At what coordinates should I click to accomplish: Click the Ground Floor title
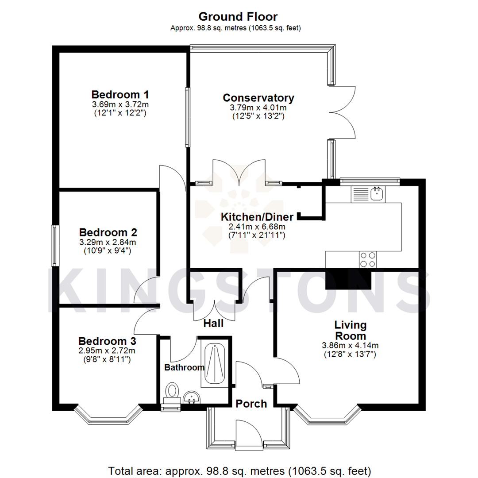click(x=238, y=17)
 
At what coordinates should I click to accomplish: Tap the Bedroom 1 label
click(x=120, y=95)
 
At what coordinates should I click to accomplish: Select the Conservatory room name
click(x=258, y=98)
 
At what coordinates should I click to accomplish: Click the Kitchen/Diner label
click(x=257, y=217)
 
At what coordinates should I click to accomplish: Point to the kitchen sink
click(x=377, y=193)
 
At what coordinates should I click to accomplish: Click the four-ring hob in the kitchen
click(x=368, y=259)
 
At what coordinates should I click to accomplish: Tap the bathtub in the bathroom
click(x=214, y=363)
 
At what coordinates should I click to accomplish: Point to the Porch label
click(x=251, y=404)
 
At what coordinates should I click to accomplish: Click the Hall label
click(x=213, y=324)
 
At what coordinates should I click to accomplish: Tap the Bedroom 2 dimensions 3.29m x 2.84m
click(x=108, y=242)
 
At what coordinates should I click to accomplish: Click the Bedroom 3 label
click(x=107, y=341)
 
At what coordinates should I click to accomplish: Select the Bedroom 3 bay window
click(x=108, y=414)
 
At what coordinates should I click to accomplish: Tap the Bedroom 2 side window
click(x=54, y=246)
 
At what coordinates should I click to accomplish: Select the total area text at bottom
click(x=239, y=470)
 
